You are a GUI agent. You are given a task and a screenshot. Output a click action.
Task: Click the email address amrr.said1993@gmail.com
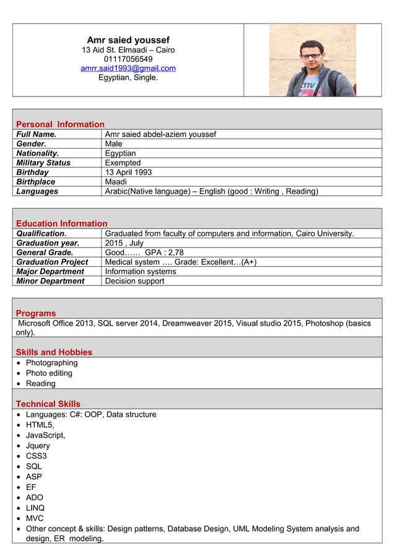(128, 68)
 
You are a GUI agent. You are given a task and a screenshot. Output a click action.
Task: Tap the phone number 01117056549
(128, 59)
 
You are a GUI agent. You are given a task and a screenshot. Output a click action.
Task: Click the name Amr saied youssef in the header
(128, 40)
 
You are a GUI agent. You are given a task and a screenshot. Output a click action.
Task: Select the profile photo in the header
(312, 60)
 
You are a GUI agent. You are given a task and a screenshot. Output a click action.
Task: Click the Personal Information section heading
(60, 124)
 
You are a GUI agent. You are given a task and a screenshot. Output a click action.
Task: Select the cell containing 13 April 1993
(128, 172)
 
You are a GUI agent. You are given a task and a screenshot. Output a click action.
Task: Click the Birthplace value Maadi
(116, 182)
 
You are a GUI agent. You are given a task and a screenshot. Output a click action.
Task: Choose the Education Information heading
(61, 223)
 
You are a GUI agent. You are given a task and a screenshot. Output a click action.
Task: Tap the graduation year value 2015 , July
(124, 243)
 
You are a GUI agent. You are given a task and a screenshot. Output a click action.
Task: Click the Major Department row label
(50, 271)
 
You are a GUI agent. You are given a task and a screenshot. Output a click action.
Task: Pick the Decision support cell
(134, 281)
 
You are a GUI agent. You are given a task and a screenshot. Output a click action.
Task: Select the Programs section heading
(36, 313)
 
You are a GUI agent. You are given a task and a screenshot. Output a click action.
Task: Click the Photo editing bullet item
(49, 373)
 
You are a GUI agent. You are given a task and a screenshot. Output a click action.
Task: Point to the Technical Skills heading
(48, 404)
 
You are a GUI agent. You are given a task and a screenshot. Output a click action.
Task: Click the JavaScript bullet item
(45, 435)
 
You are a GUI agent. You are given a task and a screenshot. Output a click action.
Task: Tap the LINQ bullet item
(35, 508)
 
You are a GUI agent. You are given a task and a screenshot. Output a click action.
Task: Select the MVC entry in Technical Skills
(35, 518)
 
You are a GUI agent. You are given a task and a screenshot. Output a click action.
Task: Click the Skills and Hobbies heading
(54, 352)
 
